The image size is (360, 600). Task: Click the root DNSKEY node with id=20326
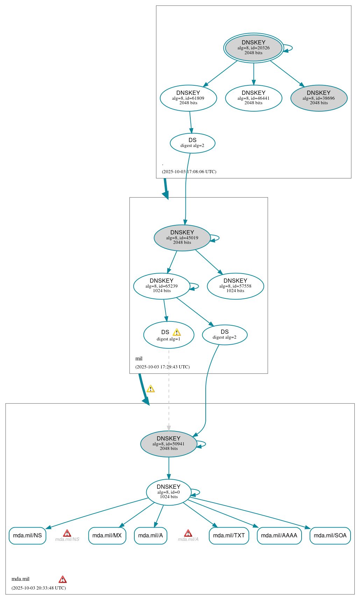253,48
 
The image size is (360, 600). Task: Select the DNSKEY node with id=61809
188,98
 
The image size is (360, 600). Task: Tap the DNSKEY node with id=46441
253,98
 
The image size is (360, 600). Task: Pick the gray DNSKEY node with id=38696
319,98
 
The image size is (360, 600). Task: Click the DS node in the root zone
192,143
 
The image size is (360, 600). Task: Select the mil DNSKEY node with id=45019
182,238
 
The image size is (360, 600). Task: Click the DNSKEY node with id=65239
162,286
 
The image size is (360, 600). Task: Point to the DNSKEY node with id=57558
235,286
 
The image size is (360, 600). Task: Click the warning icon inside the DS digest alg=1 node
177,332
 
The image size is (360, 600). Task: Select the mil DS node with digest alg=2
225,335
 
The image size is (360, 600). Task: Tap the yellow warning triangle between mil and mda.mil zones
150,389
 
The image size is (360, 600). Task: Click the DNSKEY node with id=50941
169,444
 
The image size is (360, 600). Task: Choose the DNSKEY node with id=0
169,492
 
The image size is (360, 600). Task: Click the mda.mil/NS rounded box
27,535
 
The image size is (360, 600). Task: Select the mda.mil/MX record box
107,535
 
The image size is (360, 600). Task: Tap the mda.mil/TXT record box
229,535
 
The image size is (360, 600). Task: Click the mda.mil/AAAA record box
279,535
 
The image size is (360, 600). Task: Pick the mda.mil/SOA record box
330,535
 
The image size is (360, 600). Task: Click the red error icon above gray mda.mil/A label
188,533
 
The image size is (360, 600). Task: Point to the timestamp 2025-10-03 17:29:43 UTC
162,367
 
